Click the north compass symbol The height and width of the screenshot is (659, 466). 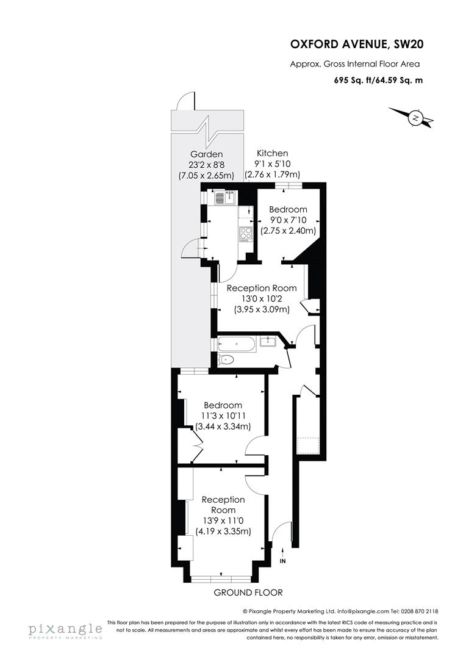415,118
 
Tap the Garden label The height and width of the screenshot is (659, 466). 206,154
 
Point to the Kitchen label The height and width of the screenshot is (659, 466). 272,153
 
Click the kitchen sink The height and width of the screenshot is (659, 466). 225,197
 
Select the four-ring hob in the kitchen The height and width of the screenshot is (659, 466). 245,233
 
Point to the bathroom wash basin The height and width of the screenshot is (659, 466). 267,341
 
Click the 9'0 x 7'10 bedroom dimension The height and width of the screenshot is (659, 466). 289,220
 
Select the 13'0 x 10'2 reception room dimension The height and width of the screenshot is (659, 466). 262,299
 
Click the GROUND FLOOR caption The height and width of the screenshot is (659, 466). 248,592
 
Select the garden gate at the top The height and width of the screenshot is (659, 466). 185,102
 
